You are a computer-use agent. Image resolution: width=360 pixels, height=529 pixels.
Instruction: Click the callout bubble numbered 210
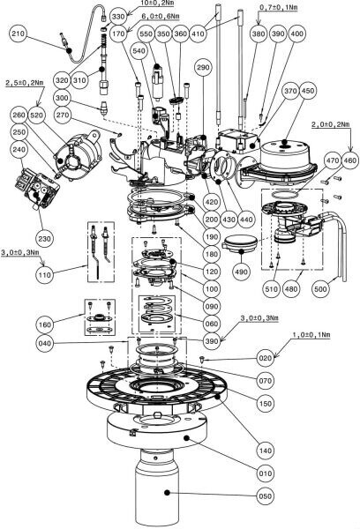[19, 34]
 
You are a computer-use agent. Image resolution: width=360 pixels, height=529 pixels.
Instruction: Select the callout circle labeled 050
[265, 495]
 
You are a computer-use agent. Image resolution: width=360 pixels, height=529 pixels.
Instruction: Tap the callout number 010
[265, 473]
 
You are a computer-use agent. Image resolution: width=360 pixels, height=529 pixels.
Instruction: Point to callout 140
[265, 451]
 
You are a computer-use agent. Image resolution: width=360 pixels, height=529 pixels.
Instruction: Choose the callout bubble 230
[44, 239]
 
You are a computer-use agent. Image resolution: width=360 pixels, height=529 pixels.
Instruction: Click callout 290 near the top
[203, 67]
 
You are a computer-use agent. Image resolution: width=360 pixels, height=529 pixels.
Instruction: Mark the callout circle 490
[241, 272]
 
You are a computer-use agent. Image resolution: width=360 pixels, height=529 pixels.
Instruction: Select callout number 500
[319, 289]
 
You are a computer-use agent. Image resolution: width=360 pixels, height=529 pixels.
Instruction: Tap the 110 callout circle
[44, 275]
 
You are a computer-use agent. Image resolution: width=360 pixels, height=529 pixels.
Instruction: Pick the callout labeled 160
[44, 324]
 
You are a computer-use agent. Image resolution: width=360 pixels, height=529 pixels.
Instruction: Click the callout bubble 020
[265, 358]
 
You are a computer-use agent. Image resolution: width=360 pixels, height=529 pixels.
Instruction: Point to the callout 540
[139, 50]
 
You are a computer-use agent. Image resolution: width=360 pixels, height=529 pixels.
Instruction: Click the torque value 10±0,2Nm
[157, 4]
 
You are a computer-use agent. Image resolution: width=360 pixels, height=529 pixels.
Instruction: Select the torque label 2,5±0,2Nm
[25, 83]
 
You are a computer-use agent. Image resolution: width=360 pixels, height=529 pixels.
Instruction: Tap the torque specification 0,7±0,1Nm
[278, 7]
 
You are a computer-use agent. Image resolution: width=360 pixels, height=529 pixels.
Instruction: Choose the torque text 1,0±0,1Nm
[311, 334]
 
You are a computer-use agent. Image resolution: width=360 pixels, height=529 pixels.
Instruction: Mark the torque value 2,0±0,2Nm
[330, 124]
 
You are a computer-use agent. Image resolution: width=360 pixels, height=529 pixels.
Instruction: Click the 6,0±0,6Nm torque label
[161, 16]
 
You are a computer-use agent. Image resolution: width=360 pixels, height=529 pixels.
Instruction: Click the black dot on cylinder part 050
[167, 492]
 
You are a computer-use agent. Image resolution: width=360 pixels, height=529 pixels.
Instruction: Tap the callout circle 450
[308, 91]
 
